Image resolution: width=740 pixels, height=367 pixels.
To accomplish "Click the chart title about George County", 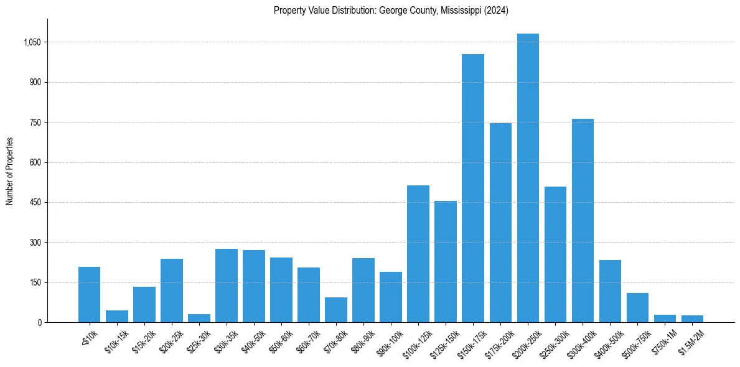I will point(391,11).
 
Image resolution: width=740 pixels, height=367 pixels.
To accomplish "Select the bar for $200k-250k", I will point(528,178).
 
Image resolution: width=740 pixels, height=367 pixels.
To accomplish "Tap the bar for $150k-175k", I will point(473,188).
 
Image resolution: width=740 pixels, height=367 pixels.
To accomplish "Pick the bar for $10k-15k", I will point(117,316).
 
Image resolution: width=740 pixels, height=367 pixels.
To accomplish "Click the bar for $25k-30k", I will point(199,318).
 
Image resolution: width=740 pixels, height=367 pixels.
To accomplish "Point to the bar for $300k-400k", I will point(583,220).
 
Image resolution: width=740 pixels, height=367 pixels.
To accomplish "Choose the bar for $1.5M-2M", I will point(692,318).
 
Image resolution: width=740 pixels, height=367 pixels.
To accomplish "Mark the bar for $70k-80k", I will point(336,310).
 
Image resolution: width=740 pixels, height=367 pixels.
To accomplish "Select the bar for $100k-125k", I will point(418,254).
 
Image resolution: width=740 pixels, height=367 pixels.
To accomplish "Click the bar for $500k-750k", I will point(637,307).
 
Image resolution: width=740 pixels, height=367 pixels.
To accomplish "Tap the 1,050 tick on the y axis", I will point(32,42).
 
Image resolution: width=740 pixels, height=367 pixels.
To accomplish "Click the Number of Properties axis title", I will point(10,170).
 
